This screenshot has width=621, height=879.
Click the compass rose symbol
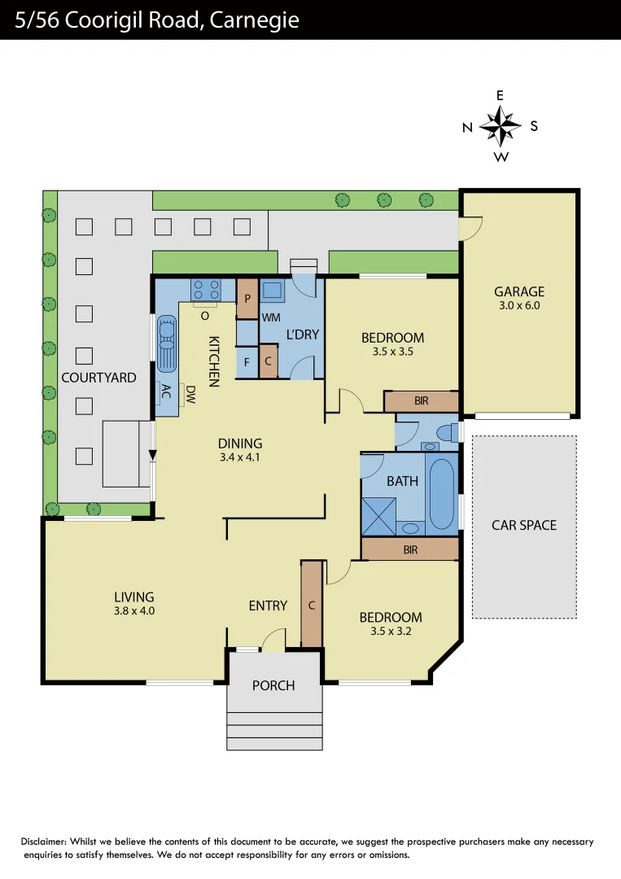pyautogui.click(x=500, y=125)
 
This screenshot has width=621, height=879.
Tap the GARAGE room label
pyautogui.click(x=518, y=291)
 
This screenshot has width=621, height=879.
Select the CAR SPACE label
pyautogui.click(x=524, y=525)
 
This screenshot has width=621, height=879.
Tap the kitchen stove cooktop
pyautogui.click(x=205, y=289)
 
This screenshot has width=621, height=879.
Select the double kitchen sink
pyautogui.click(x=167, y=342)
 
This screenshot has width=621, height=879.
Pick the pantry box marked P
pyautogui.click(x=247, y=299)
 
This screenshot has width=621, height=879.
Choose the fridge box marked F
pyautogui.click(x=247, y=362)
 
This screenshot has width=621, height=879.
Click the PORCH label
pyautogui.click(x=273, y=685)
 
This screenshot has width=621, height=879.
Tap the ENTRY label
pyautogui.click(x=268, y=606)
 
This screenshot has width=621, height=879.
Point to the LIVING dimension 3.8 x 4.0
pyautogui.click(x=134, y=610)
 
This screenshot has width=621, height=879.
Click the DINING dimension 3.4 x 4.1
pyautogui.click(x=240, y=457)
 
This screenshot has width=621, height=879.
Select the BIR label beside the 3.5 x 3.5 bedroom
pyautogui.click(x=422, y=402)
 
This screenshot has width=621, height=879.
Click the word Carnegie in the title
pyautogui.click(x=255, y=20)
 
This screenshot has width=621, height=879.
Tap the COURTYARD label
pyautogui.click(x=98, y=378)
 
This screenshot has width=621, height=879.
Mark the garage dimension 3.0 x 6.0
pyautogui.click(x=518, y=306)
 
